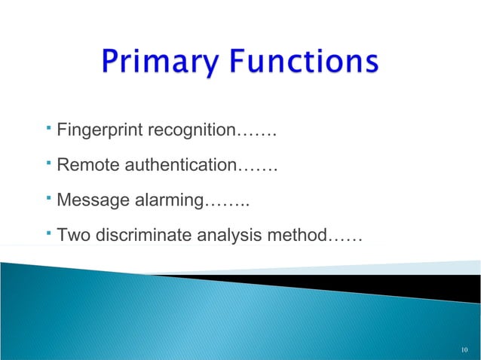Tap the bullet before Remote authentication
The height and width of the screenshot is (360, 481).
[x=47, y=161]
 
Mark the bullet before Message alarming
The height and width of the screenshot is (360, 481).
[x=47, y=197]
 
